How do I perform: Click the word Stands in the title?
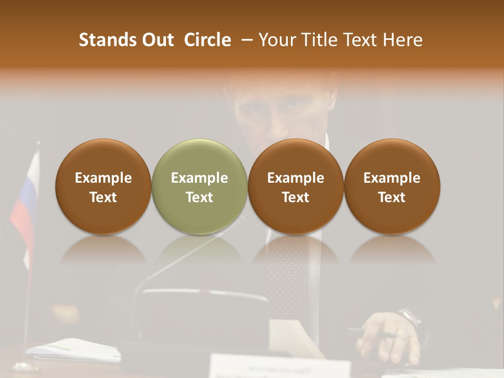point(108,40)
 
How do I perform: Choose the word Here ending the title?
point(403,40)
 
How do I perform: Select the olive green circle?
point(199,186)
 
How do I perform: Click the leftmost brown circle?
point(103,186)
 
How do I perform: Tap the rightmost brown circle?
point(392,186)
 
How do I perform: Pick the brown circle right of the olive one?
point(296,186)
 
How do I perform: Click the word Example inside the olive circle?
point(199,178)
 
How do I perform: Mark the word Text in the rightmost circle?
point(392,197)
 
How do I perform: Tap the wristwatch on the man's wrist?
point(410,319)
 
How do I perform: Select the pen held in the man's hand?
point(373,333)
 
